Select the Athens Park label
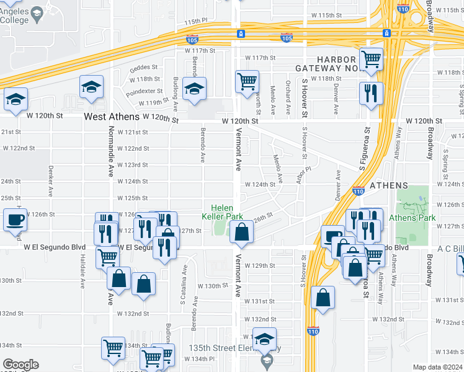coord(416,218)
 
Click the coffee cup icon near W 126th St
coord(15,219)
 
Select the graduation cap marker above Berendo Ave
coord(194,89)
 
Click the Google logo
coord(20,365)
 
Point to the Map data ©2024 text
coord(437,367)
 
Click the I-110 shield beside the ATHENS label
coord(358,192)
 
